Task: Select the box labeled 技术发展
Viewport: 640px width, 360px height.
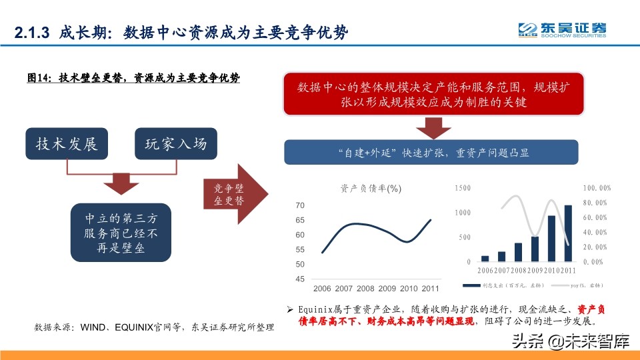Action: click(x=67, y=143)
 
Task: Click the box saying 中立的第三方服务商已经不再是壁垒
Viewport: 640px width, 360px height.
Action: click(x=121, y=233)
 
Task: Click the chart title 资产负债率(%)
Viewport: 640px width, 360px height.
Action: click(x=371, y=188)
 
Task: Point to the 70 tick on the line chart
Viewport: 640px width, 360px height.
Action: click(x=300, y=205)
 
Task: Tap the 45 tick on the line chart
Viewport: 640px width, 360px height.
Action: click(x=300, y=279)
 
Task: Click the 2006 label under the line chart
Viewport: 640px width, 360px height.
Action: click(x=323, y=289)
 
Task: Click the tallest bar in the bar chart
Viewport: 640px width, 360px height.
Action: click(x=569, y=233)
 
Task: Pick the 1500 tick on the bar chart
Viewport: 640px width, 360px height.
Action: click(x=462, y=189)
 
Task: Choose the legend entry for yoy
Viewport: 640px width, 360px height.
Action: click(x=587, y=285)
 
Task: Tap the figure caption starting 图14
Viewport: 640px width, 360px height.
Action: click(x=133, y=77)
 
